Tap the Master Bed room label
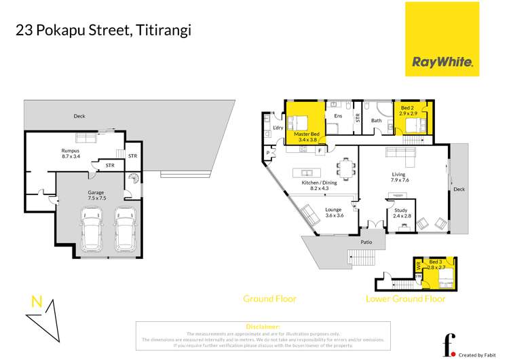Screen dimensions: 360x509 point(305,137)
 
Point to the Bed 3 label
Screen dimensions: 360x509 point(434,266)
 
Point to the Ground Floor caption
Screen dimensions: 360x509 point(270,299)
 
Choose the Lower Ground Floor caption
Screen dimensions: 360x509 point(406,299)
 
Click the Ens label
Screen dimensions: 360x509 point(337,116)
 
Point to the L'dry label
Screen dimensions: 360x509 point(278,128)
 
